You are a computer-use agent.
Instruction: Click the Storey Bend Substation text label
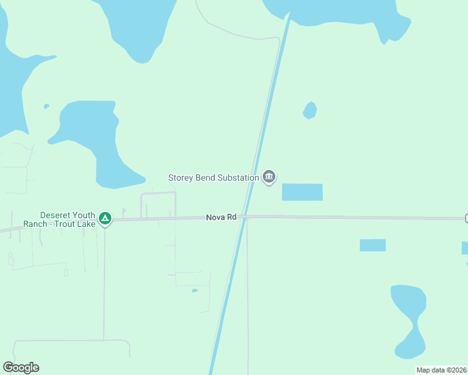pos(213,177)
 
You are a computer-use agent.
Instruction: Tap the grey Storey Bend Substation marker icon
pos(269,177)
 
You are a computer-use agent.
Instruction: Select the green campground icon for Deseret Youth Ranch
pos(106,218)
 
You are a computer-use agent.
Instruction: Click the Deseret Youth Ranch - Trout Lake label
pos(59,219)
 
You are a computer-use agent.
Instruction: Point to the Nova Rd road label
pos(221,217)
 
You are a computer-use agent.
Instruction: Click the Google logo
pos(21,367)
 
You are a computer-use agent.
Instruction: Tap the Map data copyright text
pos(441,370)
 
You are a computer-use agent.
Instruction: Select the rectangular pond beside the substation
pos(302,192)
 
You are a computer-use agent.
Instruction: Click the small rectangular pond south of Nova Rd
pos(372,245)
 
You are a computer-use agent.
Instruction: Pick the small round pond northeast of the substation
pos(310,110)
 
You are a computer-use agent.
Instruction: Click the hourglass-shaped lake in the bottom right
pos(409,319)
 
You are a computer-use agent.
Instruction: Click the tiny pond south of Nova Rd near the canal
pos(195,291)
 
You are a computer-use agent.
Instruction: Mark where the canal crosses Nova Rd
pos(244,217)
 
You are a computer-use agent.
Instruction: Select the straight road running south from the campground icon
pos(104,281)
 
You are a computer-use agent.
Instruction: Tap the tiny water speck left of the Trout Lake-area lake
pos(46,106)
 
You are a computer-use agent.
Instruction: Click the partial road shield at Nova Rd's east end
pos(466,217)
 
